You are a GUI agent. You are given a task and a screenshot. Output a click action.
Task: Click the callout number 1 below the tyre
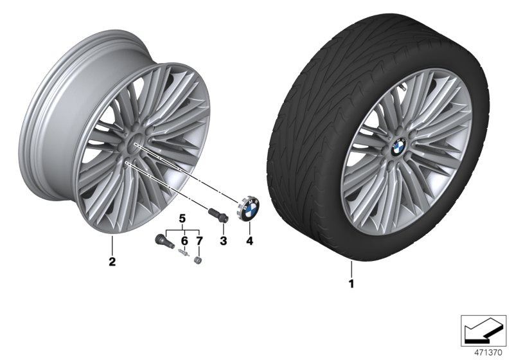(x=351, y=282)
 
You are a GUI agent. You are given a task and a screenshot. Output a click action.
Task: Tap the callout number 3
(x=224, y=241)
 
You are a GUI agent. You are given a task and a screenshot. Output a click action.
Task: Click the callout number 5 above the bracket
(x=182, y=219)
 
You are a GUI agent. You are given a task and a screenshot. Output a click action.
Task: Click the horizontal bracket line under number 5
(x=182, y=229)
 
